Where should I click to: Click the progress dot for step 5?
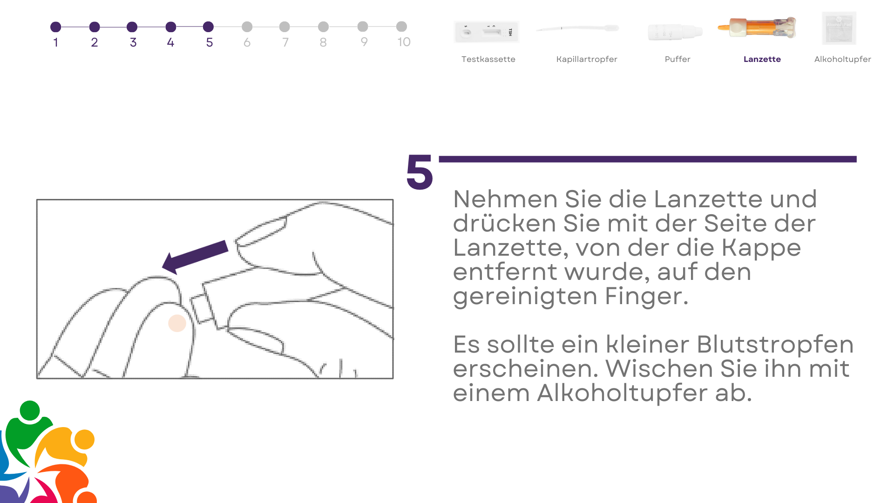click(209, 27)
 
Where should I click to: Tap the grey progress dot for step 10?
click(401, 27)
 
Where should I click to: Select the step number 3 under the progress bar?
click(133, 42)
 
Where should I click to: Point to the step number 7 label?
click(285, 42)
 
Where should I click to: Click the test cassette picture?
click(487, 32)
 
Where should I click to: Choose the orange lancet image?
click(757, 27)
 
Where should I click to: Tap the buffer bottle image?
click(675, 32)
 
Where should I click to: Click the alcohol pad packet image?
click(839, 28)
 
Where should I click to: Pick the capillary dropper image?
click(578, 28)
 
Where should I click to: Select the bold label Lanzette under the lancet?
click(762, 59)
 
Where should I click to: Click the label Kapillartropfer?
click(587, 59)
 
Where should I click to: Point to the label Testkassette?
click(488, 59)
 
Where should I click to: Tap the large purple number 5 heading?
click(420, 172)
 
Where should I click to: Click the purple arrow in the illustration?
click(195, 257)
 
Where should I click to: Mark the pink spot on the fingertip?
click(177, 323)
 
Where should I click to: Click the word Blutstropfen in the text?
click(775, 345)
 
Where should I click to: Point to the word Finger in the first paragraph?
click(646, 297)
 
